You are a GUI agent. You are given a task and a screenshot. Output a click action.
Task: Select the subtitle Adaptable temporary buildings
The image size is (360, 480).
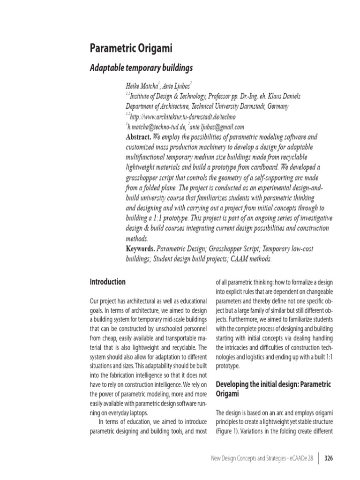pos(141,68)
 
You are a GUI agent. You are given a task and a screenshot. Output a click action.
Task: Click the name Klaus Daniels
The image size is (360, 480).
pos(280,96)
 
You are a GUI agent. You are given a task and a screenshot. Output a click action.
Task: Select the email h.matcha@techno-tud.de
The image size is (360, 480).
pos(156,127)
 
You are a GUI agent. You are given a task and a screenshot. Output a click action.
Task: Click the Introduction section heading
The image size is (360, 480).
pos(107,282)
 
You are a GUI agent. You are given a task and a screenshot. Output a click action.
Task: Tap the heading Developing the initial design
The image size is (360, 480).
pos(273,384)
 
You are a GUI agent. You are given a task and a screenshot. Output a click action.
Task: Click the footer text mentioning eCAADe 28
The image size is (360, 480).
pos(266,457)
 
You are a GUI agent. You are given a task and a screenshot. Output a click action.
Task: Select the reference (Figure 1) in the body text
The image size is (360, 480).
pos(230,430)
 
